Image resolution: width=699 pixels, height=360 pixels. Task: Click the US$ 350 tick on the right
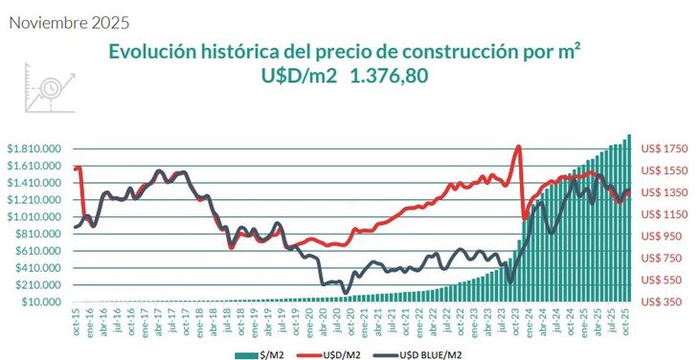point(660,303)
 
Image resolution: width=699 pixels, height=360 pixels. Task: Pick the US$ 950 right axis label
point(660,236)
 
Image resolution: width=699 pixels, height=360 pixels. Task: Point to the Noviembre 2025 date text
point(68,20)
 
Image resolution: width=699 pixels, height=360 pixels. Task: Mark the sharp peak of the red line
point(518,146)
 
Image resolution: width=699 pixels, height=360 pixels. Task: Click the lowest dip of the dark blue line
point(346,291)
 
